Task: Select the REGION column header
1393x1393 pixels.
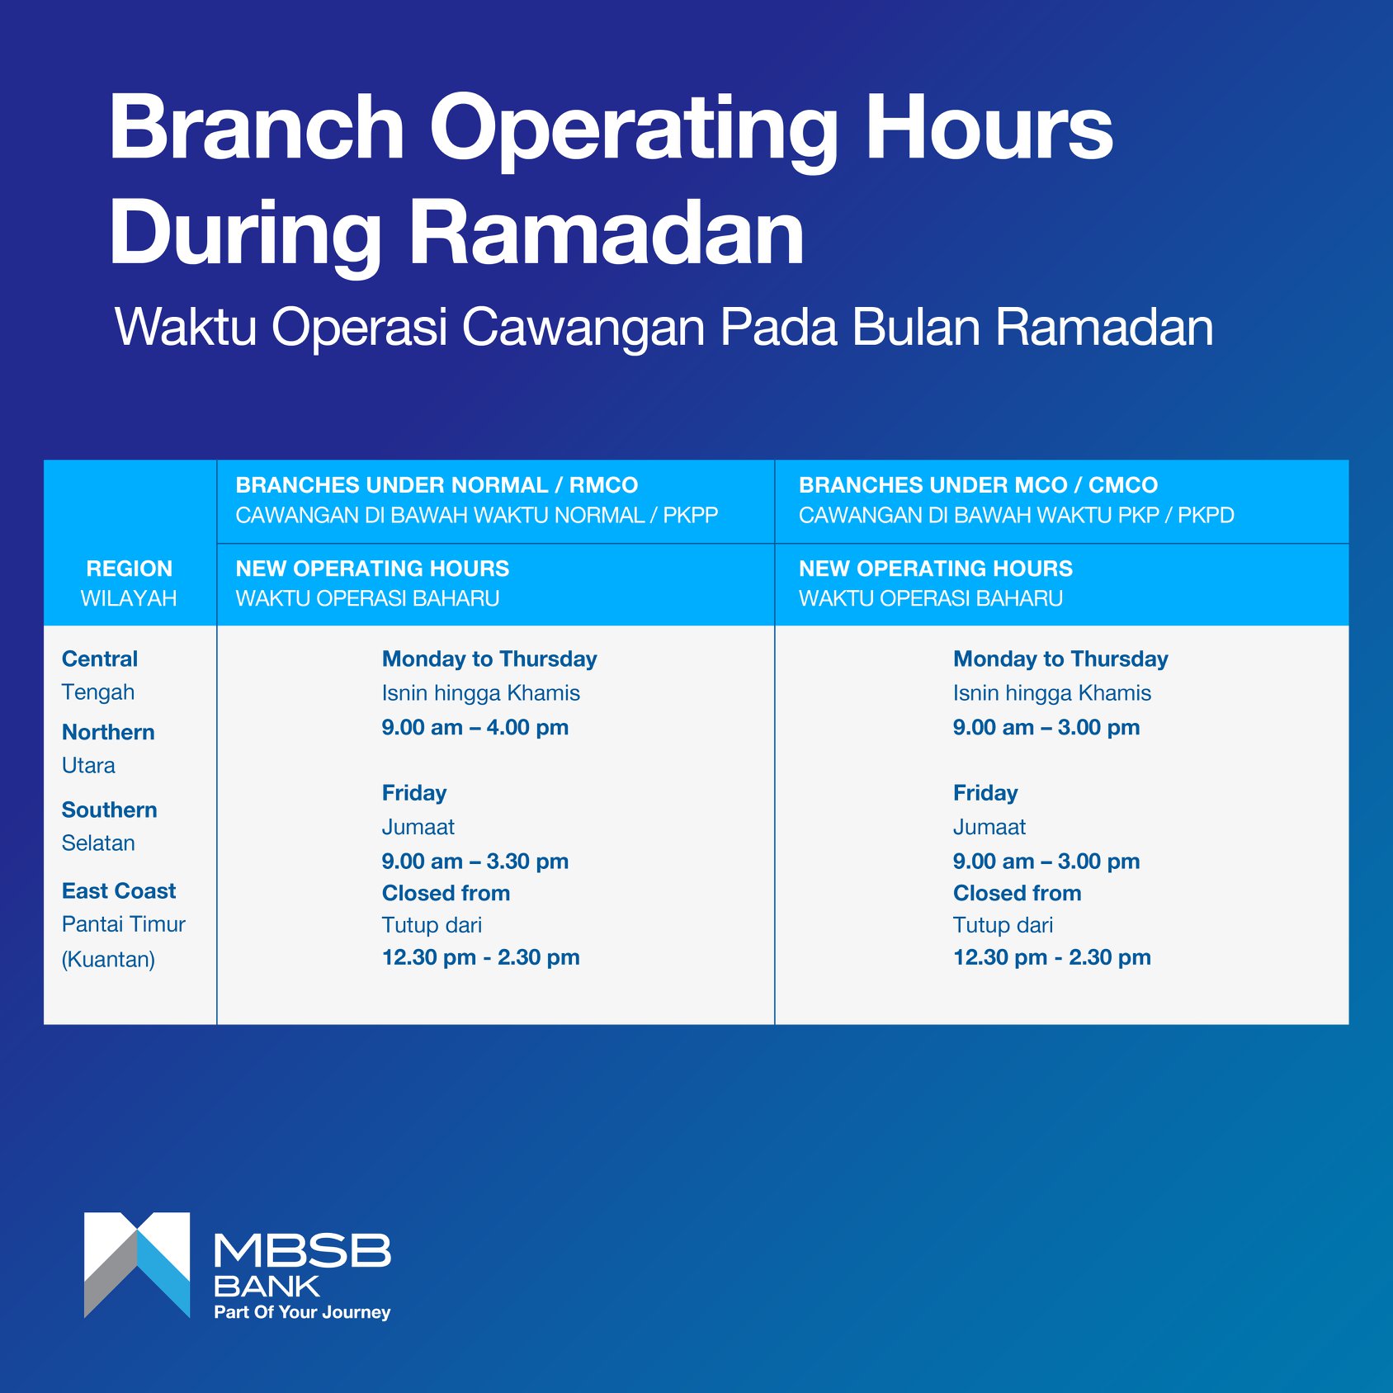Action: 130,569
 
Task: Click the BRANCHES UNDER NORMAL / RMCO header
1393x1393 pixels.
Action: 437,485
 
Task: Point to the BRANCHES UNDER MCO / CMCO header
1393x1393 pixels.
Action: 978,485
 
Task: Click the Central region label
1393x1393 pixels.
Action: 100,659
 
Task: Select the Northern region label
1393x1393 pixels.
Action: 108,732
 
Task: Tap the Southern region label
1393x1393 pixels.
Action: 110,810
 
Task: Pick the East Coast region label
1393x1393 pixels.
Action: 119,890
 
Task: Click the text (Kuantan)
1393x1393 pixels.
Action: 108,959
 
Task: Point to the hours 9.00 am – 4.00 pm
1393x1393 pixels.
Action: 475,727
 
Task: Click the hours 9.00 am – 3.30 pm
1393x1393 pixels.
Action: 475,861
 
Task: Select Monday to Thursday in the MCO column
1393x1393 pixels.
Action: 1060,659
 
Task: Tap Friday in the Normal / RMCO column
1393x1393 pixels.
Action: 414,793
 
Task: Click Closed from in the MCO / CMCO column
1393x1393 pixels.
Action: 1018,893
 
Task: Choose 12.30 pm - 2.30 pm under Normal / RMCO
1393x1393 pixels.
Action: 481,957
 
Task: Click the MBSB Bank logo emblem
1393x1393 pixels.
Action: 137,1265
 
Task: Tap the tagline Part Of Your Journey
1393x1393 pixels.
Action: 302,1312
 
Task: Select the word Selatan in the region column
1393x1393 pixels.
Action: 98,843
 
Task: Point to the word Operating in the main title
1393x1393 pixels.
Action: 634,132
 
